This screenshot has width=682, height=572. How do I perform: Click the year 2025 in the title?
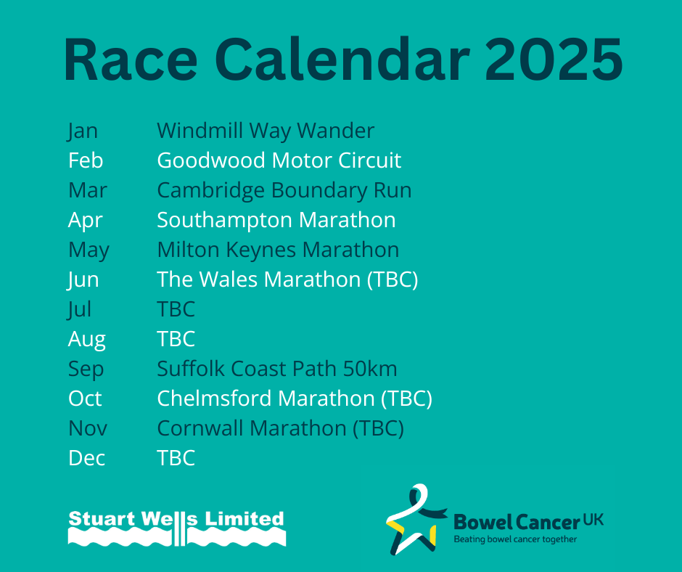tap(554, 60)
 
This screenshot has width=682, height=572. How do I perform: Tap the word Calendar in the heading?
tap(342, 60)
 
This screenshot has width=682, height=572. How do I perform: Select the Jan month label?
tap(83, 131)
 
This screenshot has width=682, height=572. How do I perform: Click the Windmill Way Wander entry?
tap(266, 131)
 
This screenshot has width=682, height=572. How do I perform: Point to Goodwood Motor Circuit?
tap(279, 160)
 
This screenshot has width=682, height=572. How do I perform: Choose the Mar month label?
tap(87, 190)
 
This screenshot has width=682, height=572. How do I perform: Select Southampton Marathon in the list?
tap(276, 220)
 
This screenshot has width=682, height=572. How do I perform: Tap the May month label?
tap(89, 250)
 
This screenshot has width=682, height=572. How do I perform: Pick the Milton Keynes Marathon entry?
tap(278, 250)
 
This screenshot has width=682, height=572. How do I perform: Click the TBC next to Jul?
tap(176, 309)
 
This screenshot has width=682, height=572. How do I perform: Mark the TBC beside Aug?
tap(176, 339)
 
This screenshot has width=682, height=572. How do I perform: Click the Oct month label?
tap(85, 399)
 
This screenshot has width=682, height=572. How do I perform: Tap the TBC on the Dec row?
tap(176, 458)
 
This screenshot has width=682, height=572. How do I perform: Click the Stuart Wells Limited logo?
tap(176, 528)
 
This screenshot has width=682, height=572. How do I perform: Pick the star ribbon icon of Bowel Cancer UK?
tap(416, 519)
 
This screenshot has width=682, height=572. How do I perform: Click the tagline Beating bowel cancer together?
tap(515, 539)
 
